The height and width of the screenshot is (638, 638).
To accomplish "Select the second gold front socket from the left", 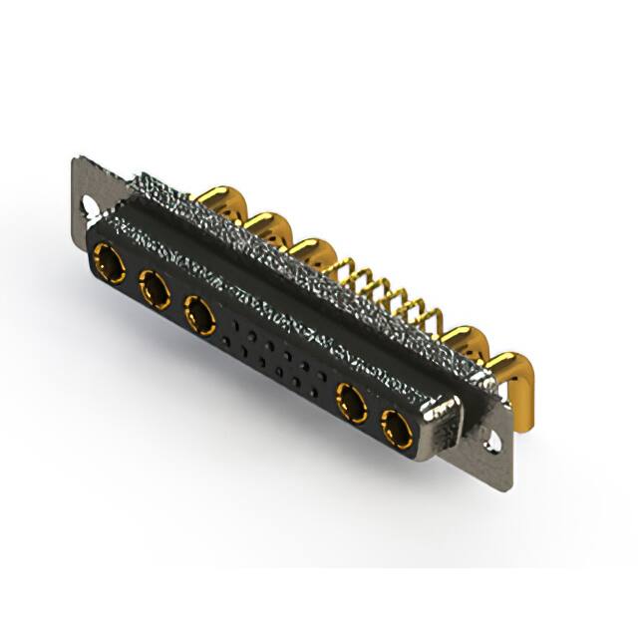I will (x=154, y=290).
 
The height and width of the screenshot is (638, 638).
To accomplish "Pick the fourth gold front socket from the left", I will (x=351, y=404).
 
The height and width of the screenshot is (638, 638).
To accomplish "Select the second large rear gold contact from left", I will (x=266, y=227).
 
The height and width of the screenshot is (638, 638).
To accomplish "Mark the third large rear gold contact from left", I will (x=315, y=253).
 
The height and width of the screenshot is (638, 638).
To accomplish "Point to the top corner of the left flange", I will (x=78, y=159).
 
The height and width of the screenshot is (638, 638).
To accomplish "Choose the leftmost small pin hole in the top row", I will (x=231, y=325).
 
